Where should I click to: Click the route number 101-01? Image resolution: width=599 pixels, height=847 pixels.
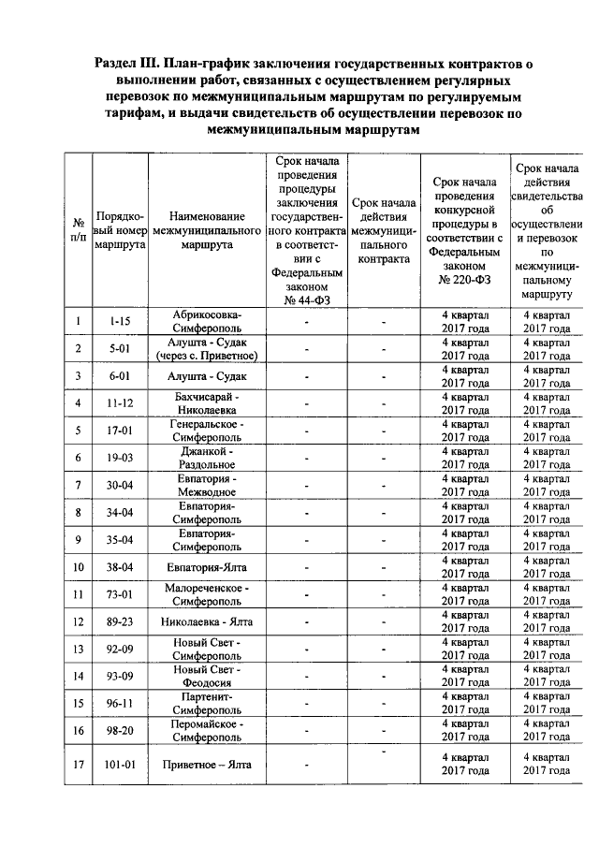(120, 764)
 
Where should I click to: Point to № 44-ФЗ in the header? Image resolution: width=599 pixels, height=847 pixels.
(303, 300)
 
